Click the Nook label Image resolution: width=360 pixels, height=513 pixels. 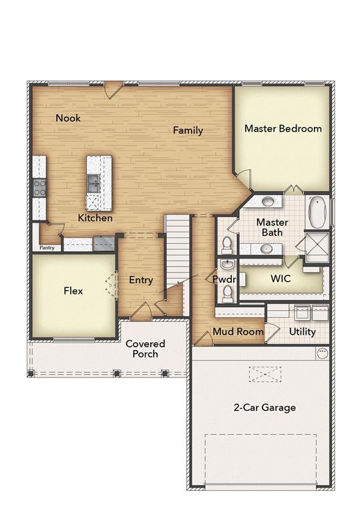click(x=68, y=118)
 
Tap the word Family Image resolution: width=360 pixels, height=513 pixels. click(x=188, y=130)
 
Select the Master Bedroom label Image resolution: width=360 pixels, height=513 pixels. click(x=283, y=128)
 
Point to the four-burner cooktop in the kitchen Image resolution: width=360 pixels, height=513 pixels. click(x=39, y=187)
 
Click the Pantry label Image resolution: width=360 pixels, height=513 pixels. click(x=47, y=248)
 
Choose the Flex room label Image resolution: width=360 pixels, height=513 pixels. click(x=73, y=291)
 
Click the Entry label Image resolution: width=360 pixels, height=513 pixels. click(x=141, y=280)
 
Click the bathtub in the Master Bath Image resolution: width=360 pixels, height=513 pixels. click(x=318, y=212)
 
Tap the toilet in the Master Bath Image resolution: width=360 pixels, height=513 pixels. click(x=227, y=243)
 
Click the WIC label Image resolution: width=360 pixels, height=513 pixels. click(x=280, y=279)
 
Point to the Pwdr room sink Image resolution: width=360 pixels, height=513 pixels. click(x=226, y=265)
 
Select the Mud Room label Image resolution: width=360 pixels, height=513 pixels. click(x=238, y=331)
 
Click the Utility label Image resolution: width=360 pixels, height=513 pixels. click(x=302, y=331)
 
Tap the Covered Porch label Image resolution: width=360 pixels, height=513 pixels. click(x=145, y=349)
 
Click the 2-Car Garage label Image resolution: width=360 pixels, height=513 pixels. click(x=264, y=407)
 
